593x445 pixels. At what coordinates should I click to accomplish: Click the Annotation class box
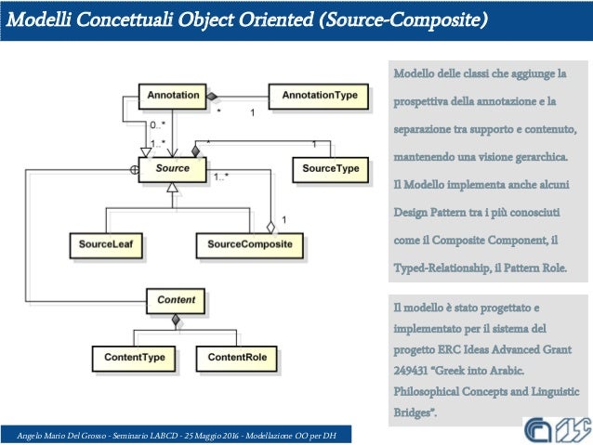click(x=173, y=96)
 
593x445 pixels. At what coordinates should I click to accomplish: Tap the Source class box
click(x=173, y=170)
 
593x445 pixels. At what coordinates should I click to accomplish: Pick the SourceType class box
click(x=332, y=170)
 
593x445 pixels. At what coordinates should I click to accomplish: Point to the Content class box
click(x=176, y=301)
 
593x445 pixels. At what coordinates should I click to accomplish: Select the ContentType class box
click(x=134, y=358)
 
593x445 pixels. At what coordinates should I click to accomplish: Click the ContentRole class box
click(x=237, y=358)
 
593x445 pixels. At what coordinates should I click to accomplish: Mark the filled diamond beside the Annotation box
click(x=212, y=96)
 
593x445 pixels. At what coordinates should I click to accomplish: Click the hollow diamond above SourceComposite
click(x=270, y=226)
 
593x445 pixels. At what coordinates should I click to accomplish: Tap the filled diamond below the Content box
click(x=175, y=321)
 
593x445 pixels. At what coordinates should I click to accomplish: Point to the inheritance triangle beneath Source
click(x=171, y=188)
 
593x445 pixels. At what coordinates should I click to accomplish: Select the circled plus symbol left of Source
click(x=134, y=170)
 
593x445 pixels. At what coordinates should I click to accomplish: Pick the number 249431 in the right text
click(x=415, y=370)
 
